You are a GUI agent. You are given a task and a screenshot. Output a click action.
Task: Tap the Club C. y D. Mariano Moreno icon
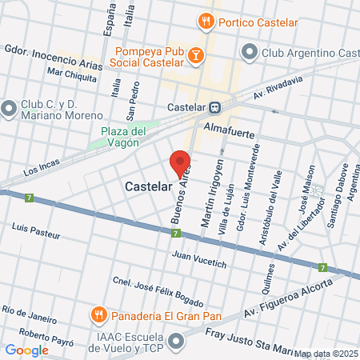[x=9, y=107]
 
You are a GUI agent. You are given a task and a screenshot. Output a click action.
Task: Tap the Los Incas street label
[x=41, y=170]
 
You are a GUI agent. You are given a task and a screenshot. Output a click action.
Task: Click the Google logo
[x=26, y=350]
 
